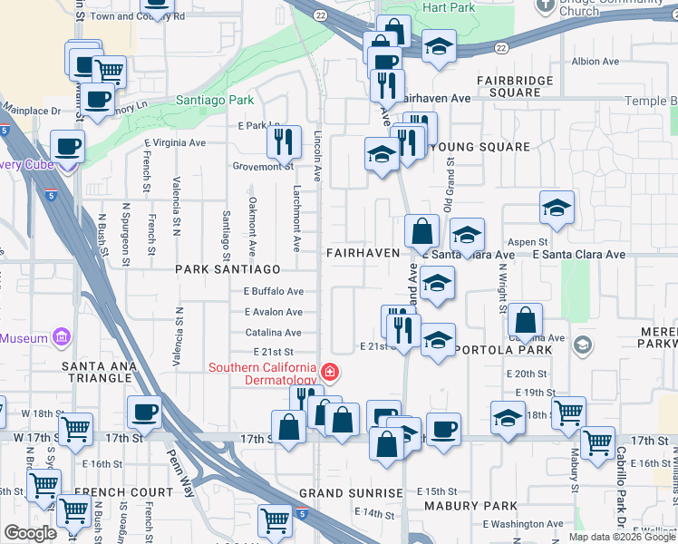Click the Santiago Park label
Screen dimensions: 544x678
pyautogui.click(x=215, y=100)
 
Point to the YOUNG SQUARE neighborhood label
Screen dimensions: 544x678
pyautogui.click(x=479, y=147)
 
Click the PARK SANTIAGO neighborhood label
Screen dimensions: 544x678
pyautogui.click(x=228, y=270)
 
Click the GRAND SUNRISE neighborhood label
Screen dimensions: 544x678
pyautogui.click(x=351, y=493)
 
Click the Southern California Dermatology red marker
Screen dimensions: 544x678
pyautogui.click(x=330, y=372)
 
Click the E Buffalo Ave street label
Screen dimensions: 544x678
pyautogui.click(x=273, y=292)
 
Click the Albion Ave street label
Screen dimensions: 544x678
pyautogui.click(x=595, y=62)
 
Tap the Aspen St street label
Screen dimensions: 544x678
pyautogui.click(x=528, y=242)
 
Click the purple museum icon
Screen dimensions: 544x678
pyautogui.click(x=62, y=338)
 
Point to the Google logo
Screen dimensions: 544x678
pyautogui.click(x=30, y=533)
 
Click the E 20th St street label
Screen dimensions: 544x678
pyautogui.click(x=526, y=374)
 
